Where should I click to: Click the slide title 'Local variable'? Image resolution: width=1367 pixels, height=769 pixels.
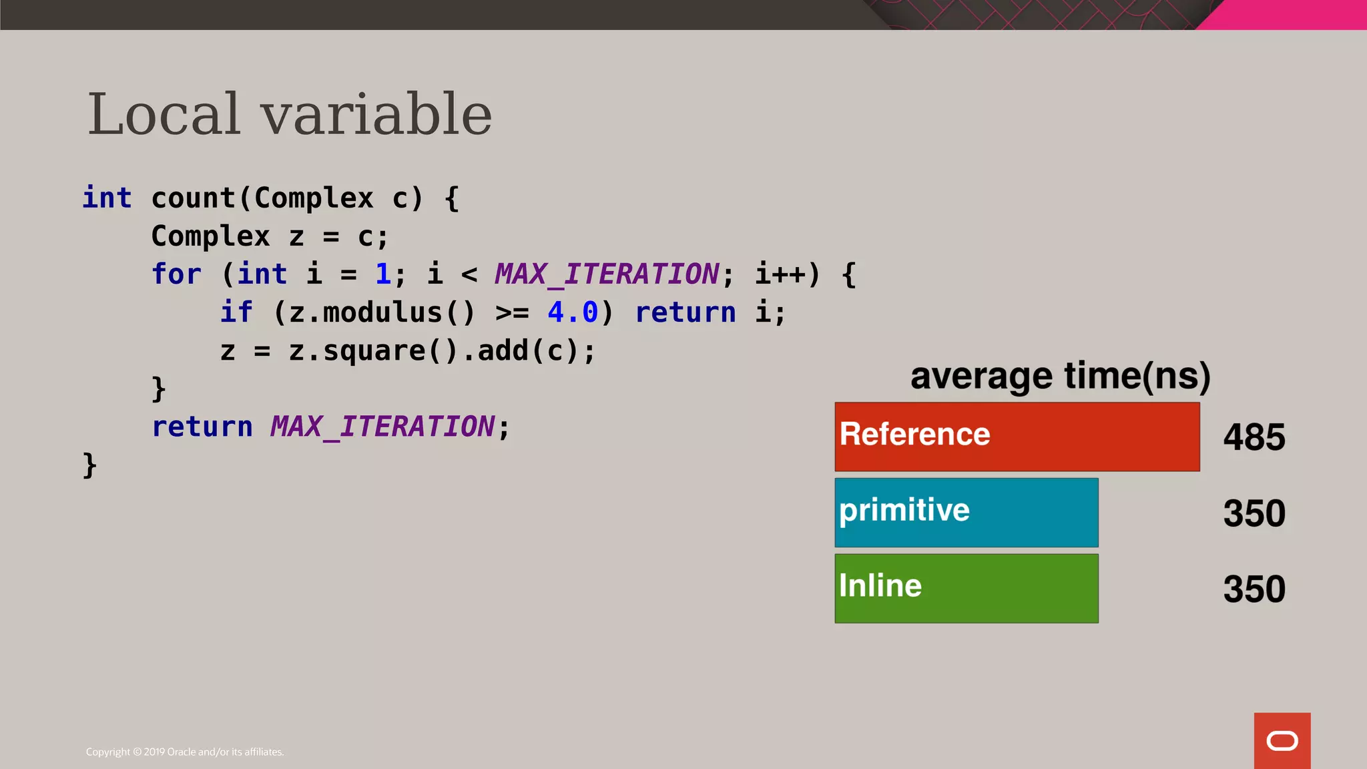290,114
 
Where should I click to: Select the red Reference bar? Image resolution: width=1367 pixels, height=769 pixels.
1017,437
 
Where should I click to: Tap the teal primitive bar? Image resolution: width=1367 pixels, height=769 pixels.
966,512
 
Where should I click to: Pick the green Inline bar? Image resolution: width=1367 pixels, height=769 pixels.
966,588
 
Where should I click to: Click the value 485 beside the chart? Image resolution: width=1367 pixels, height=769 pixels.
1254,438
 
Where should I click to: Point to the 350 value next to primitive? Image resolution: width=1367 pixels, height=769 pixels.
1254,513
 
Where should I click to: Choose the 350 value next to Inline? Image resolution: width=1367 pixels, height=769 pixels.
1254,589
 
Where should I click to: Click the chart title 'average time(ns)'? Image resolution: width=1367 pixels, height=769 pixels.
1060,376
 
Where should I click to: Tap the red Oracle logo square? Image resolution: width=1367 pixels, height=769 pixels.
1282,740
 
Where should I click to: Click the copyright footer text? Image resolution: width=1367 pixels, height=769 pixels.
185,752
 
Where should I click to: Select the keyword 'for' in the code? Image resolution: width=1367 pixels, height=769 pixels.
176,274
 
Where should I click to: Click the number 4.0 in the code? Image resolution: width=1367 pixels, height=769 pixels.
573,312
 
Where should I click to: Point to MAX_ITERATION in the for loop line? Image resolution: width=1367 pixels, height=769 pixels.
607,274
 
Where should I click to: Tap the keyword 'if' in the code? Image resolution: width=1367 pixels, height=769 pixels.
236,312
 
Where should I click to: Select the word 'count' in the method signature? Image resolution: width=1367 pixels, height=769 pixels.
194,198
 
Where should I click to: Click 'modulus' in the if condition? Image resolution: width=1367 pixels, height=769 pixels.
382,312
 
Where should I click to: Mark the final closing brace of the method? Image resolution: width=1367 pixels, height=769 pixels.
89,465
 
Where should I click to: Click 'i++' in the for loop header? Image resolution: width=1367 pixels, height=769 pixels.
780,274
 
